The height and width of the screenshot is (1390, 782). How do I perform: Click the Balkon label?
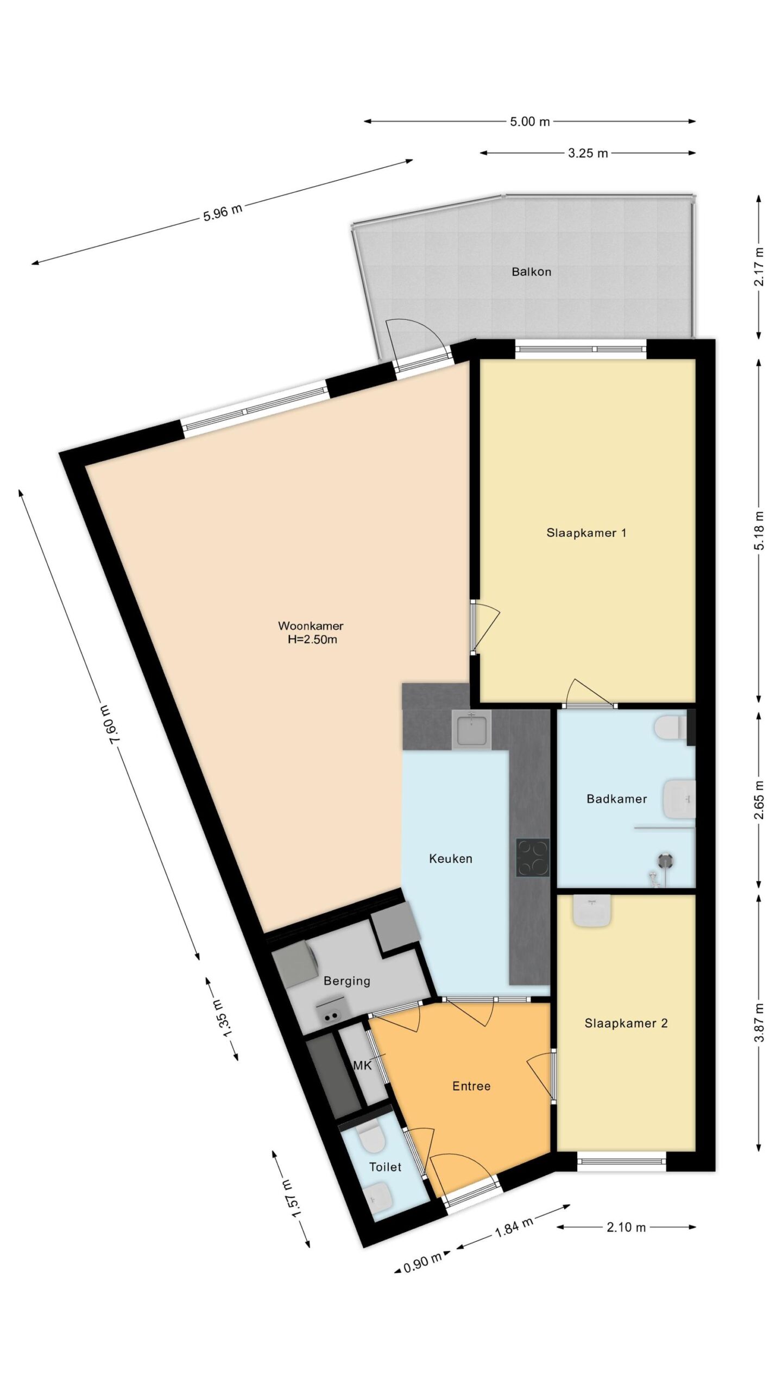click(x=531, y=272)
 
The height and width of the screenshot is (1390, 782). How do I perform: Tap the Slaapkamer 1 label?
click(x=586, y=533)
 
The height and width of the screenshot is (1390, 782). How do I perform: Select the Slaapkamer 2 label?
click(x=626, y=1023)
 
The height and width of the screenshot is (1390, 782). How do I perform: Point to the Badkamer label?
click(x=616, y=799)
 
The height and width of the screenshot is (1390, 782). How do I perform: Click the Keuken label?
click(x=450, y=858)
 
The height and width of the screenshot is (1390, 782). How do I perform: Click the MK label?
click(x=362, y=1066)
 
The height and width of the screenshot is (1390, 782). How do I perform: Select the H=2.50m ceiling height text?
click(x=312, y=640)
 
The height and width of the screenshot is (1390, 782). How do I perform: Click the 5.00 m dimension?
click(x=529, y=122)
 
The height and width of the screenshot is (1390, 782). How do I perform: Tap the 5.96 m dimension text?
click(x=223, y=212)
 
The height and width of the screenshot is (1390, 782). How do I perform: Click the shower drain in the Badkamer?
click(x=666, y=860)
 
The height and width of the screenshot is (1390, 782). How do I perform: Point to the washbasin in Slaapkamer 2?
click(x=592, y=911)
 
